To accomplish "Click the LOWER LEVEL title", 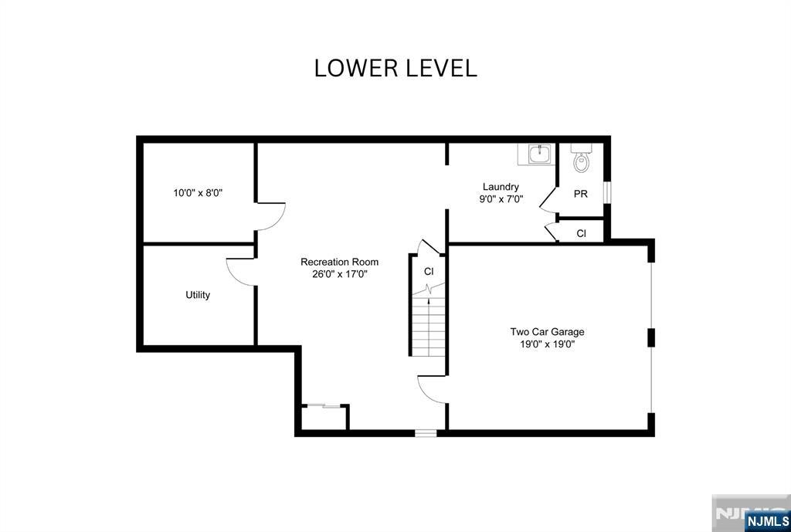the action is [x=395, y=68].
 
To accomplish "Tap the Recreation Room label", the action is [x=339, y=262].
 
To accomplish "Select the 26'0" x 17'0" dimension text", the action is [x=339, y=273].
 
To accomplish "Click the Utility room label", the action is [x=198, y=295].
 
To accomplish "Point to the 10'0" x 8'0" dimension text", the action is [x=198, y=193].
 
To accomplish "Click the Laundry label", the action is [x=501, y=187].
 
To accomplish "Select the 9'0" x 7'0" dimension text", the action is [x=501, y=198].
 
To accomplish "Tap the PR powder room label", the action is [x=580, y=194].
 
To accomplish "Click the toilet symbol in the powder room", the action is [x=581, y=160].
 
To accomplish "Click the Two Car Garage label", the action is [x=547, y=332].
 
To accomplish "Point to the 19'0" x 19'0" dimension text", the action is [x=547, y=344].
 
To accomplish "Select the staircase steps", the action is [x=428, y=328].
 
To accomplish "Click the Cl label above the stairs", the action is [x=429, y=272].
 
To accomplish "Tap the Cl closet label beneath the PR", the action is [x=581, y=233].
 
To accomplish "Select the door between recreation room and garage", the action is [x=431, y=388].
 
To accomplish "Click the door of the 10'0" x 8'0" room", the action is [x=270, y=216].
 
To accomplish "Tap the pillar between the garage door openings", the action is [x=651, y=337].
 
